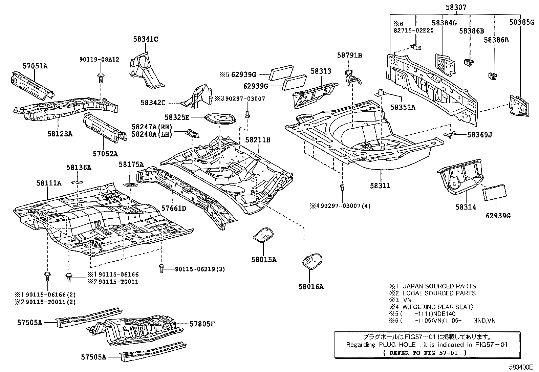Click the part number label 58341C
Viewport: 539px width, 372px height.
pos(145,39)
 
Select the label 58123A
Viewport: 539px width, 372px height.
pos(60,134)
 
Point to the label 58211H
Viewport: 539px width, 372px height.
pos(258,140)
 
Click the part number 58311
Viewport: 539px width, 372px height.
pos(380,185)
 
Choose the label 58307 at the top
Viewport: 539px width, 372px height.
pos(456,7)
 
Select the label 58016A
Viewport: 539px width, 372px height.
pos(311,287)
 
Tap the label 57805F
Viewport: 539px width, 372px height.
pos(202,324)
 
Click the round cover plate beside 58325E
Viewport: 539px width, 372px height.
pos(220,119)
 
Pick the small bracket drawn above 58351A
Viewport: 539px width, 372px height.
pos(381,92)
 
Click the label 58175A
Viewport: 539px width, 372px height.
pos(131,165)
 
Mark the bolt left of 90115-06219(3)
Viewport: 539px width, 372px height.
pos(162,268)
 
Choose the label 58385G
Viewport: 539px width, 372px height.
pos(522,23)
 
